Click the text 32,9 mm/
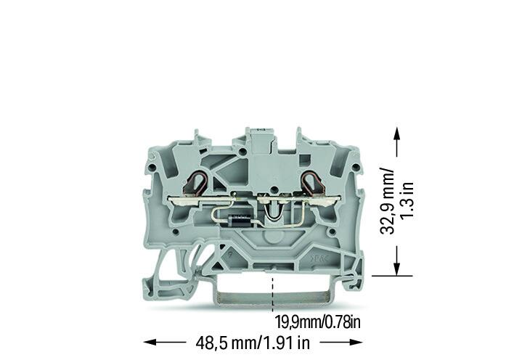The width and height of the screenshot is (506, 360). (387, 200)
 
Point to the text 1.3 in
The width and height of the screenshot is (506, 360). (407, 200)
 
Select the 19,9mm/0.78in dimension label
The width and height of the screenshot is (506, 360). (317, 322)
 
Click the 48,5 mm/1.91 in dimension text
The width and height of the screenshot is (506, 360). (253, 343)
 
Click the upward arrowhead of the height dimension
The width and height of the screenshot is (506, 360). (396, 132)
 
